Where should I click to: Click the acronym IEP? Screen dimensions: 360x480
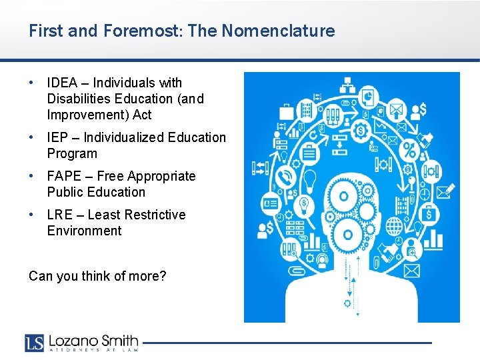57,137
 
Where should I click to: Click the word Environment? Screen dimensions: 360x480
85,231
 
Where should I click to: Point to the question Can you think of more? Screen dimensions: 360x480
97,275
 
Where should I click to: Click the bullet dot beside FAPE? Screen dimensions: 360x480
32,176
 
